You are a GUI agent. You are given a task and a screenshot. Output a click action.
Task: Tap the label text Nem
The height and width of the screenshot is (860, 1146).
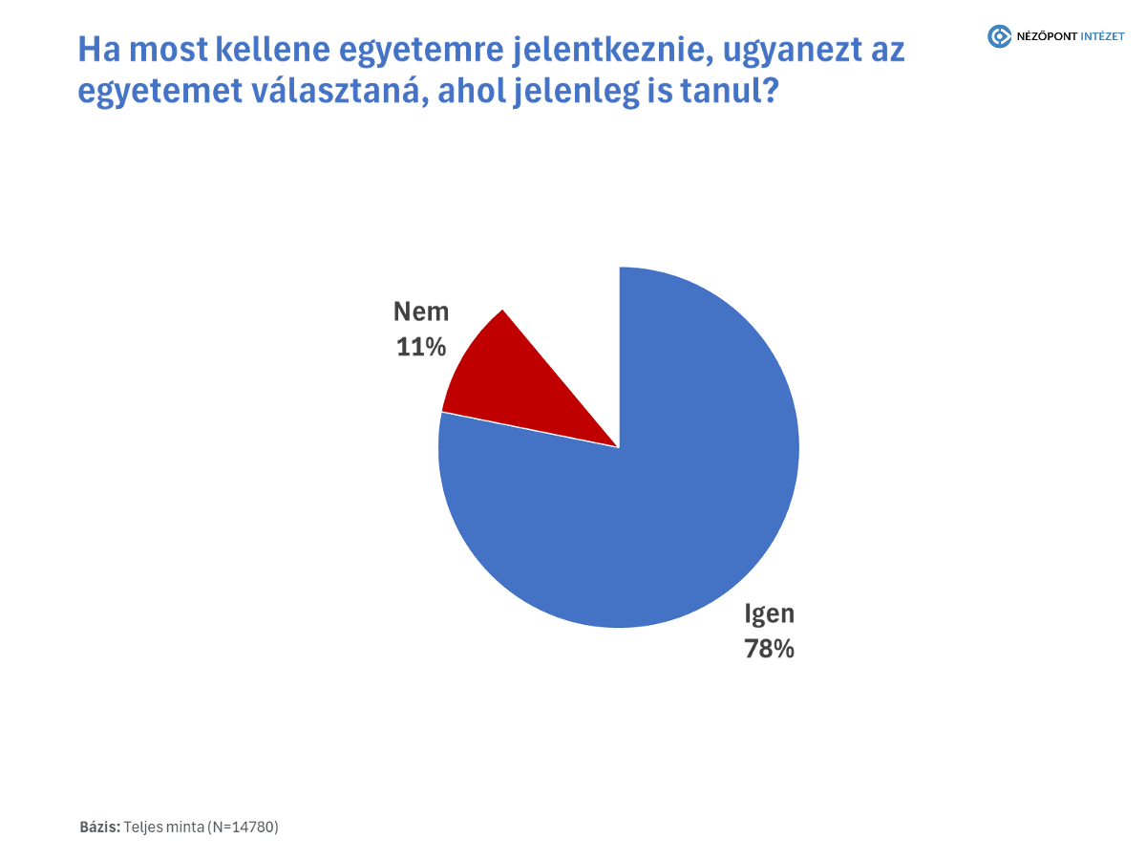[421, 312]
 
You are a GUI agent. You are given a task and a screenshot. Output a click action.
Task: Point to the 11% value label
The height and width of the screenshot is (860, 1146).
[421, 348]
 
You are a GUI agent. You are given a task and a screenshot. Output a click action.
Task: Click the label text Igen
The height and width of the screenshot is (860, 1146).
[770, 613]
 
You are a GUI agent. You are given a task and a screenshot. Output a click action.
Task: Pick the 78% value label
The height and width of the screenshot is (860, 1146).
[770, 649]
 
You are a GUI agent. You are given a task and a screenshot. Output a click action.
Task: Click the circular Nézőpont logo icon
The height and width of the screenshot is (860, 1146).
[999, 36]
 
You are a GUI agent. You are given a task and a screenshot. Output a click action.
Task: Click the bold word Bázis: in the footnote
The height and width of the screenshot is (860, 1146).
[100, 827]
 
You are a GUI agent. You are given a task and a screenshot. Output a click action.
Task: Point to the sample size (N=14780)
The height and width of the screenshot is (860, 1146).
[243, 827]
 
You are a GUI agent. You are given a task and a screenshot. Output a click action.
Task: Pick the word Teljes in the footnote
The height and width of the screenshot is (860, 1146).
[144, 827]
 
